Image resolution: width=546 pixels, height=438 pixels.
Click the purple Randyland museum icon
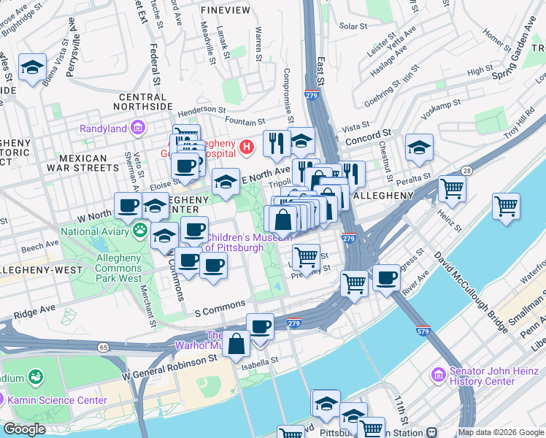(136, 129)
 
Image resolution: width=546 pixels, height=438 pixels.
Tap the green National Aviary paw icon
(139, 231)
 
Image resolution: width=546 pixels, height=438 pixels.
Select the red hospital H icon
(247, 147)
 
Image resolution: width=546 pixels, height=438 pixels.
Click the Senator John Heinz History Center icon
(439, 374)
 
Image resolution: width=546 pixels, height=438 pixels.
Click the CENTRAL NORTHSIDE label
(142, 101)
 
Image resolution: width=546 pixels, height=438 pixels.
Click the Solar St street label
(353, 26)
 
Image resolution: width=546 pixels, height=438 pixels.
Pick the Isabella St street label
(264, 360)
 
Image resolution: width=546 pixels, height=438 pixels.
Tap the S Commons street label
(220, 312)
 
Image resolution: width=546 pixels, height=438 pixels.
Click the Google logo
(24, 429)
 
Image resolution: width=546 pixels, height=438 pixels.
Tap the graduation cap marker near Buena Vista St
(32, 68)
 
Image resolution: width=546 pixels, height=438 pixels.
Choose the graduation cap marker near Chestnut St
(419, 147)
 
